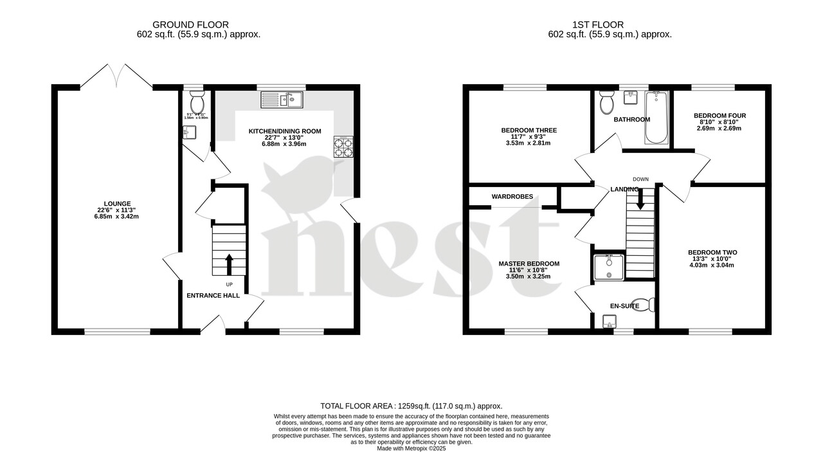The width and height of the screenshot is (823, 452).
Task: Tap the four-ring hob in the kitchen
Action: point(343,147)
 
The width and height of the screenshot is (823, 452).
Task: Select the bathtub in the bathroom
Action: point(656,117)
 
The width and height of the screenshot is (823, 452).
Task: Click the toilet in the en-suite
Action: point(643,304)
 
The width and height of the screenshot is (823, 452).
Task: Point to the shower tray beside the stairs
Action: point(608,266)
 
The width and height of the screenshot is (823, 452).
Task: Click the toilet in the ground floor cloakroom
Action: point(197,102)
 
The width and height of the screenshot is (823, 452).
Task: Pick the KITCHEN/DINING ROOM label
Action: point(284,131)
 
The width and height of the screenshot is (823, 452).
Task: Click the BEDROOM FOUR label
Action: point(719,116)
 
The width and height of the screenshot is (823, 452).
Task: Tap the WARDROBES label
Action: point(512,196)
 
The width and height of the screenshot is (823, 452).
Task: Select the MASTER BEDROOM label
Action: point(529,264)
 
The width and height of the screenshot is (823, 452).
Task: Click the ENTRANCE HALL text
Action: point(213,296)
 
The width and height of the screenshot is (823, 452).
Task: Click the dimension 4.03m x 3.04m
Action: point(712,265)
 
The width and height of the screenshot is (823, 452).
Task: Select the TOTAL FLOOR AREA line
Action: point(411,406)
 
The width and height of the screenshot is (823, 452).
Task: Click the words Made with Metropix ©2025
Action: point(411,448)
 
